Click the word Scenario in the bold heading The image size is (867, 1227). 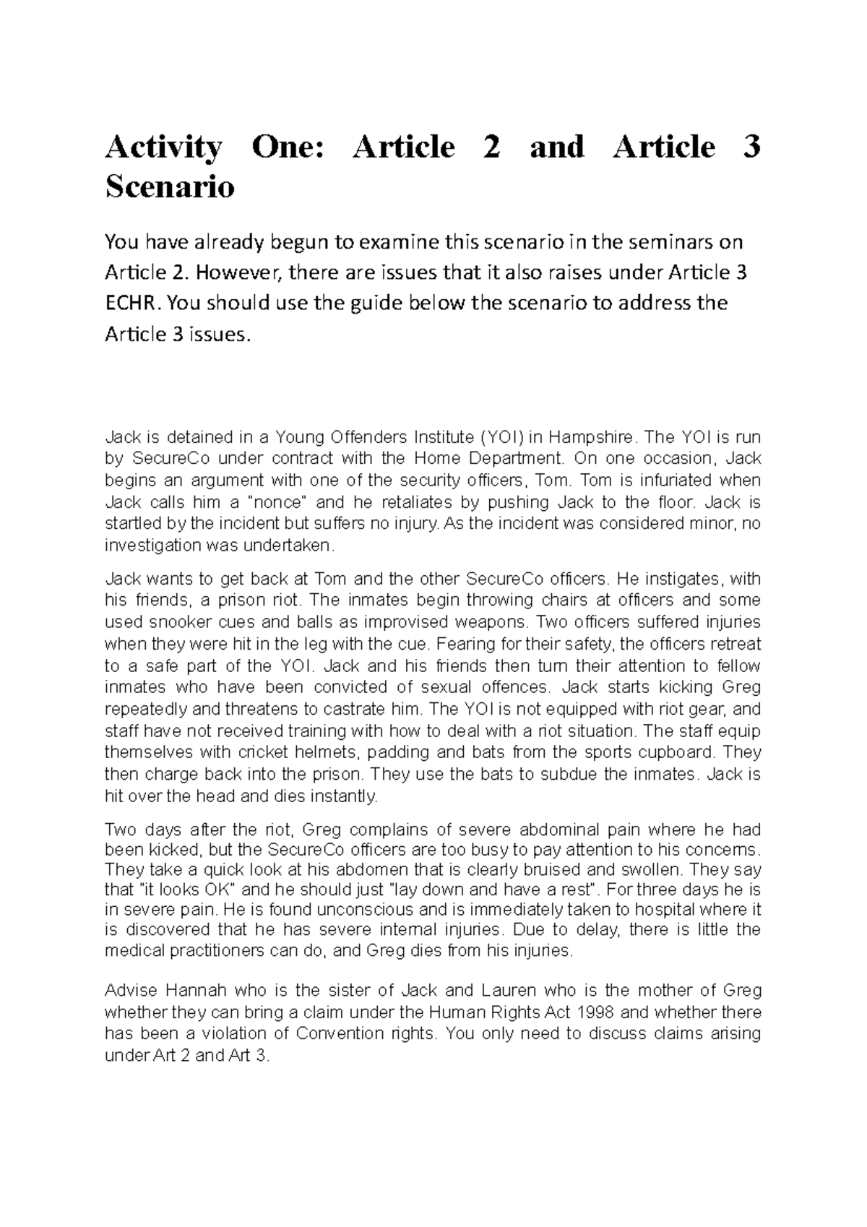coord(170,187)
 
